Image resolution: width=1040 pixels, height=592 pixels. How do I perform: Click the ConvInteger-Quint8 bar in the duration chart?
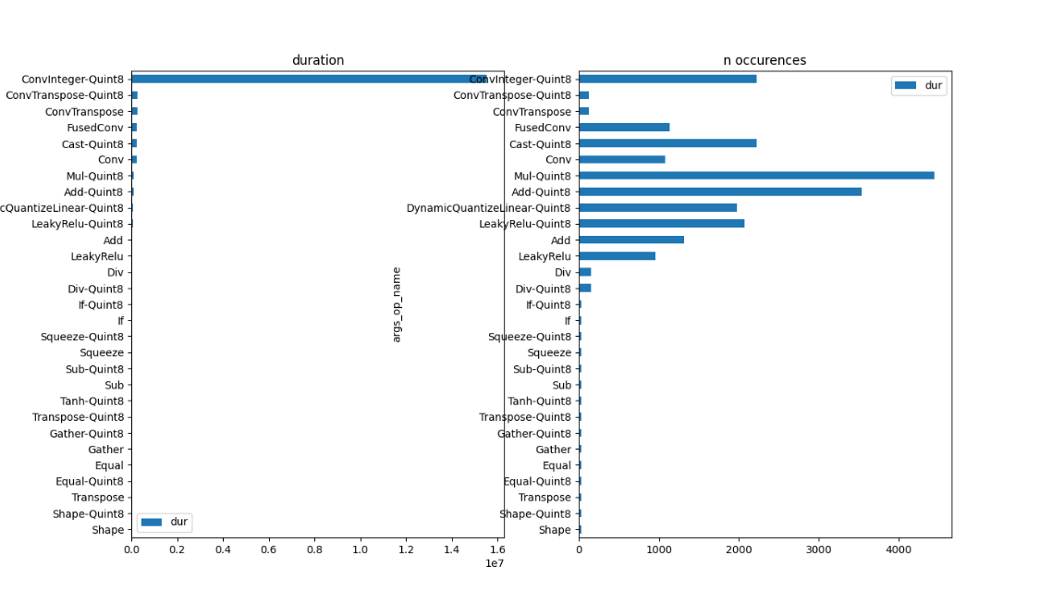coord(309,80)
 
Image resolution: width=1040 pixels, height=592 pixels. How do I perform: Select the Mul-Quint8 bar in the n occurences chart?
coord(756,176)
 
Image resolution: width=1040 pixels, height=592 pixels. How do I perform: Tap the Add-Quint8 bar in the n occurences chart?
coord(720,191)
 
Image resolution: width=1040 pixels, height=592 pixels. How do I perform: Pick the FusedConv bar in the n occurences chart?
coord(624,128)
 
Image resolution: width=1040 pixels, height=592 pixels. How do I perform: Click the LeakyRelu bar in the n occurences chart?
coord(617,256)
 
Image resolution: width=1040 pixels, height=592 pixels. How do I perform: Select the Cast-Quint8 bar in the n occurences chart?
coord(667,143)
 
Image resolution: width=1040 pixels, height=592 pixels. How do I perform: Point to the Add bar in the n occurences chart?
coord(631,240)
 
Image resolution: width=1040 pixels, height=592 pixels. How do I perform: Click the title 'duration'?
coord(318,60)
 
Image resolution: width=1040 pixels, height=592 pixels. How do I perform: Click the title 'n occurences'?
coord(765,60)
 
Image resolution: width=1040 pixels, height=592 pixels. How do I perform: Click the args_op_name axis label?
coord(397,304)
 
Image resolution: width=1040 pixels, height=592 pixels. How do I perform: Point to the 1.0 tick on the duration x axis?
coord(361,549)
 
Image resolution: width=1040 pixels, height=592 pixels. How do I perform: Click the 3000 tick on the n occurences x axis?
coord(819,549)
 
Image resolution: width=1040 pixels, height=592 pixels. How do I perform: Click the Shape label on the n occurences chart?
coord(555,530)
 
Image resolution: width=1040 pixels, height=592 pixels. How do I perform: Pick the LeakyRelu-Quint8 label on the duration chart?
coord(78,224)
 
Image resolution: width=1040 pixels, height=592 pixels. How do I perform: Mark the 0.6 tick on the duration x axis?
coord(269,549)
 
